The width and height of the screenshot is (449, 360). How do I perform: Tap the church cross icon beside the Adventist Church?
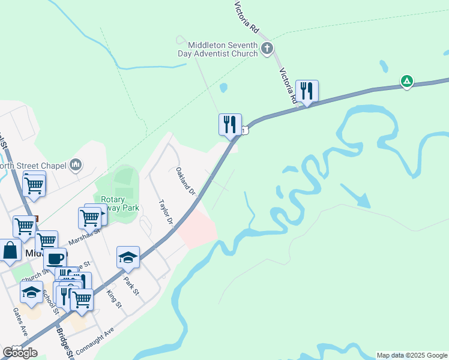coord(267,49)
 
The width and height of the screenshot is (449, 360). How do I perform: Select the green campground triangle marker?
coord(407,81)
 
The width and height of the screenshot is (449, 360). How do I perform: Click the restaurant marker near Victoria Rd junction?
coord(307,91)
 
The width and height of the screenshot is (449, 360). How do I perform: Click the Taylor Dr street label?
coord(166,212)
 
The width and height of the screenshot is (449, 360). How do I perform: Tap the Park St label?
coord(131,285)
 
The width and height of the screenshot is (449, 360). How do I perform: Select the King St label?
coord(113,298)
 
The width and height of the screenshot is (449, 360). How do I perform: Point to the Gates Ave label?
coord(20,322)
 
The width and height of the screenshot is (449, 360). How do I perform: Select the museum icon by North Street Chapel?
coord(76,165)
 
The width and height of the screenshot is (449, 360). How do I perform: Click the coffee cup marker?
coord(55,259)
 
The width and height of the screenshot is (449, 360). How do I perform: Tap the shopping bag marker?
coord(11,251)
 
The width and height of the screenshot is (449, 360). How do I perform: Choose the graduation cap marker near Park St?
coord(128,257)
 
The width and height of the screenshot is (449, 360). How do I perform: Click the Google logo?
coord(20,353)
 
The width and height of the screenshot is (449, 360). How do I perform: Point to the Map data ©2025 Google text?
coord(411,355)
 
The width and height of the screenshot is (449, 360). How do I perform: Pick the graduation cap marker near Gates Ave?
coord(31,292)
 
